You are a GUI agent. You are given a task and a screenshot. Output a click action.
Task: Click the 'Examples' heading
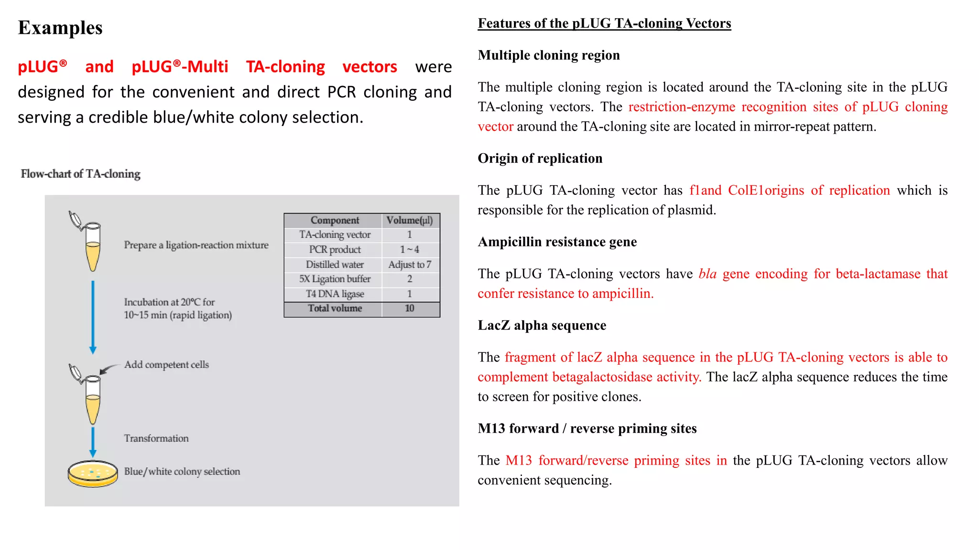60,28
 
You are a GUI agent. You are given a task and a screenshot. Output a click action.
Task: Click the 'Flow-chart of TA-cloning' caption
80,174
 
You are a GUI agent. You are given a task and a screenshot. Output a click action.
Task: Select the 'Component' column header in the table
334,220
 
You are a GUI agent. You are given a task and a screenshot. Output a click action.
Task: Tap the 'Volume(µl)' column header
410,220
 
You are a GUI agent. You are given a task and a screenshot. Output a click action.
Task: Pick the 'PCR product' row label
334,249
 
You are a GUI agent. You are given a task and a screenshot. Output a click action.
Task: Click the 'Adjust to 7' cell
410,264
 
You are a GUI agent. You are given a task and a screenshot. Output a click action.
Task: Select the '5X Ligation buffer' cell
334,279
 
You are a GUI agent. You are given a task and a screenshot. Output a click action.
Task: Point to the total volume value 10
410,308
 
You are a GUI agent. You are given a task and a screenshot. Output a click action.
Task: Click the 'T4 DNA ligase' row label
334,294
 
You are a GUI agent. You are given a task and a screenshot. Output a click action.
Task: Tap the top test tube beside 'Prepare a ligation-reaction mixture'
92,246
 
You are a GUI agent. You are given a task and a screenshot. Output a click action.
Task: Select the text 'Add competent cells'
166,365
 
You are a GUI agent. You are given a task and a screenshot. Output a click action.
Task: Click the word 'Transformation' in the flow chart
156,438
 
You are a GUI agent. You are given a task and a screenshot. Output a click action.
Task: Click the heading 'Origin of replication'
540,159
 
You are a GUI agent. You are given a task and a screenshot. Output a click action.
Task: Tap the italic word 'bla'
707,274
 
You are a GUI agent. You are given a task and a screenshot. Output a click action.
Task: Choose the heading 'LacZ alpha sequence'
542,326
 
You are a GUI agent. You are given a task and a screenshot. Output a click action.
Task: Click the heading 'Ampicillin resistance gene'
557,242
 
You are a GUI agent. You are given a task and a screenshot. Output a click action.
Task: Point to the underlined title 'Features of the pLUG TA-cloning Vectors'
604,23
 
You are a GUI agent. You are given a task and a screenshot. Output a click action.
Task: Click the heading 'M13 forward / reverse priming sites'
587,429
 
